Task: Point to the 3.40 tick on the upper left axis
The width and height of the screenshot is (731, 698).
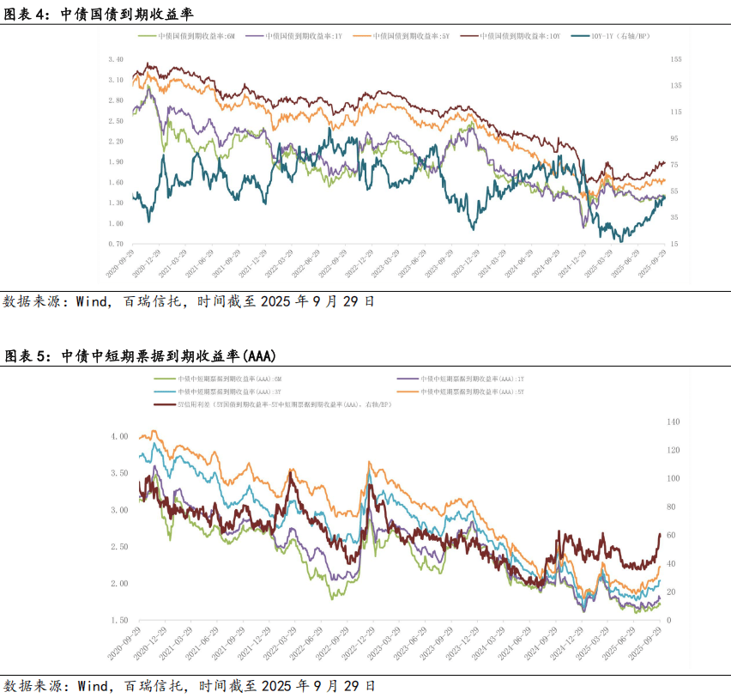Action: (116, 59)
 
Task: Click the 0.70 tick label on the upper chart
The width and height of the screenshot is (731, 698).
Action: (116, 244)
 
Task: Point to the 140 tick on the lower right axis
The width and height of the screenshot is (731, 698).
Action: (673, 422)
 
